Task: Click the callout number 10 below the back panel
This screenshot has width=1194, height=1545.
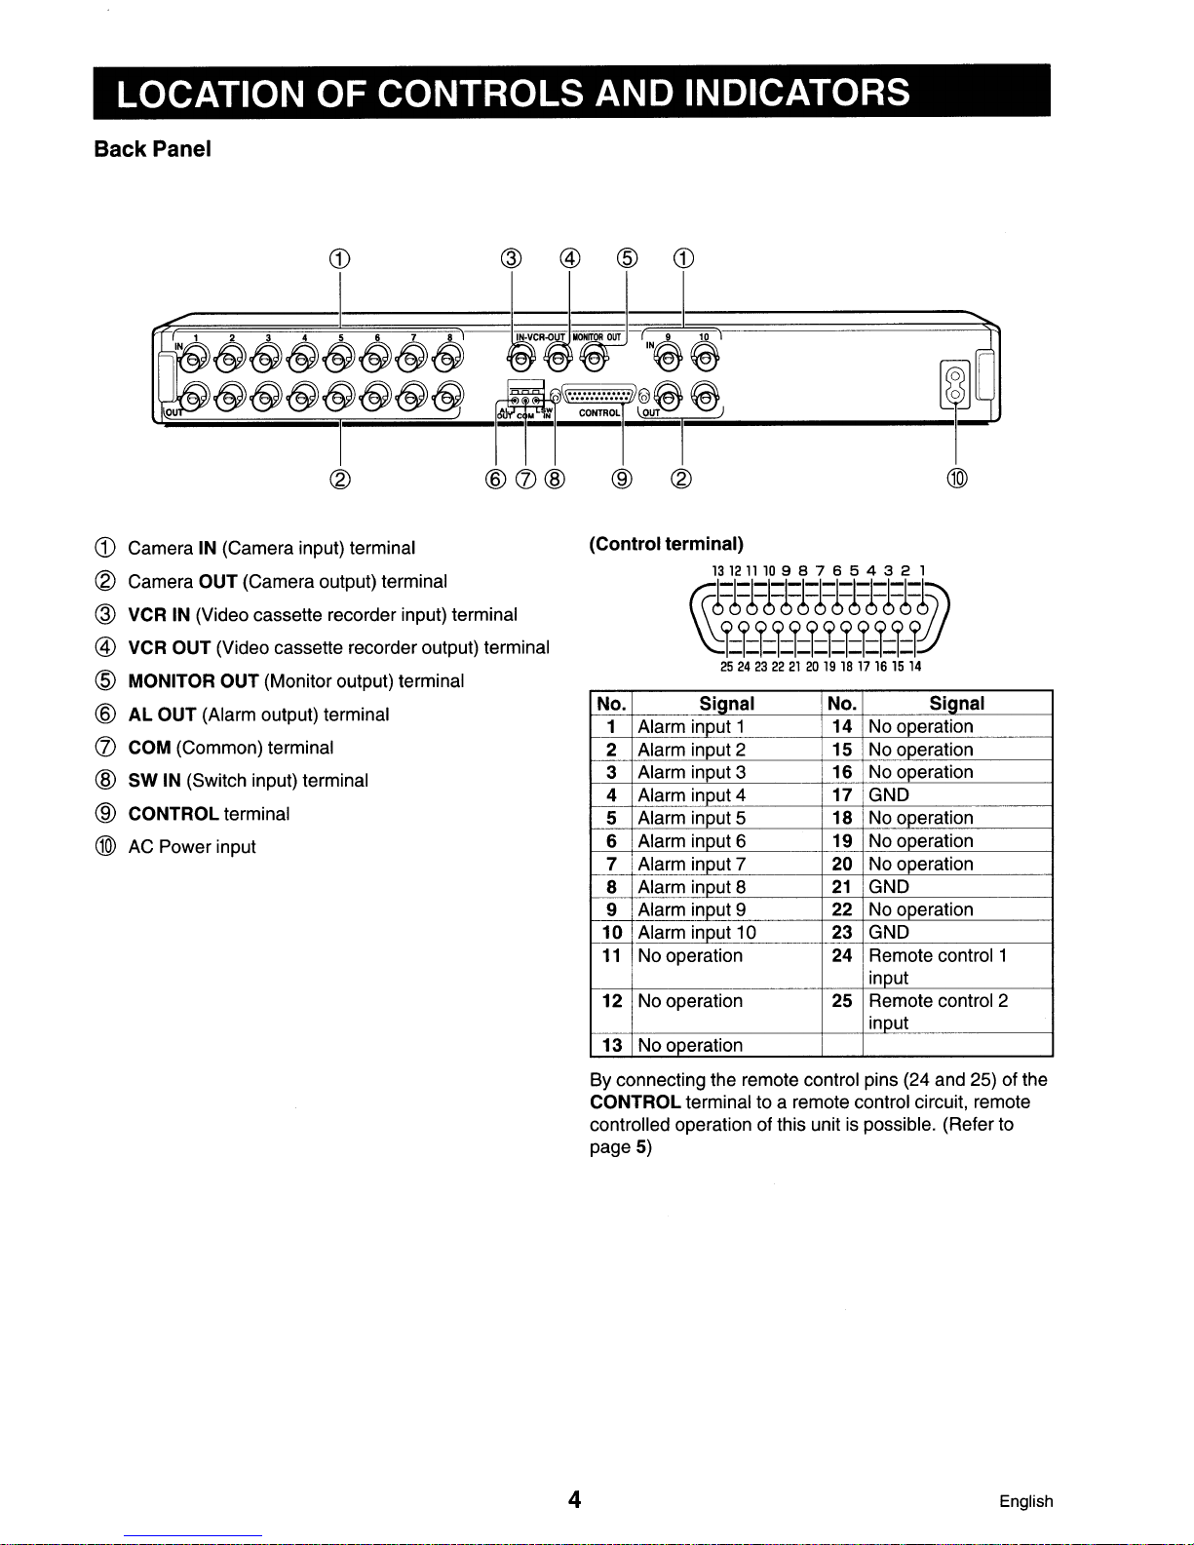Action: click(x=957, y=478)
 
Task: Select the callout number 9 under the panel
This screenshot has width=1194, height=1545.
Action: click(x=622, y=478)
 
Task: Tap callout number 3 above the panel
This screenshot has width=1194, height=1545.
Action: click(x=512, y=258)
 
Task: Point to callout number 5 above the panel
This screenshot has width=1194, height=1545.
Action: click(x=627, y=258)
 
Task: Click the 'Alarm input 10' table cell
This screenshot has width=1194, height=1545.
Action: click(x=697, y=933)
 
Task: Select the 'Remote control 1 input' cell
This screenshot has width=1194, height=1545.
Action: click(x=937, y=966)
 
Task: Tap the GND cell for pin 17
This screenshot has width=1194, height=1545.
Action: click(x=889, y=795)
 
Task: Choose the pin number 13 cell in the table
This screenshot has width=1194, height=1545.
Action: click(x=612, y=1045)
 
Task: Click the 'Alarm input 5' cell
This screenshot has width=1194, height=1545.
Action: click(x=692, y=818)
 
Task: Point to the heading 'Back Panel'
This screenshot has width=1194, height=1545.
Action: click(x=152, y=149)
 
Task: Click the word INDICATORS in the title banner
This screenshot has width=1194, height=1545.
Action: click(x=797, y=93)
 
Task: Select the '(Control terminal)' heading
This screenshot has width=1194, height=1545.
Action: click(x=666, y=544)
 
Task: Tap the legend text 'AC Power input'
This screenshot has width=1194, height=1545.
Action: click(x=192, y=847)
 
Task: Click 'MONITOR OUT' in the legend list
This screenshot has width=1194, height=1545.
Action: click(x=193, y=681)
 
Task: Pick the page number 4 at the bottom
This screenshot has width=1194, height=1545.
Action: click(x=575, y=1500)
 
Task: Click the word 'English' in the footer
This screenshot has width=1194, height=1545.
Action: click(x=1025, y=1501)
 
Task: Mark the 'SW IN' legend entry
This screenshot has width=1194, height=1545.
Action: click(x=155, y=781)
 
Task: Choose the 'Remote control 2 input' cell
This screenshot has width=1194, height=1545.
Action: click(x=938, y=1012)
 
